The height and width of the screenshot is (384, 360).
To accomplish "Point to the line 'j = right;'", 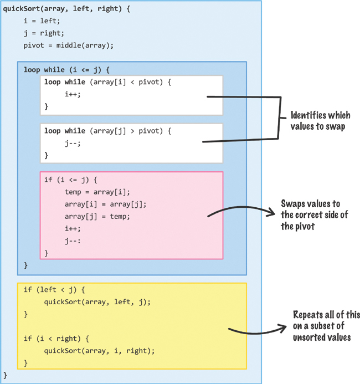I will click(43, 33).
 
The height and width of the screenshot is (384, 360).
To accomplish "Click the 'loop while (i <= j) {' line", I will click(67, 70).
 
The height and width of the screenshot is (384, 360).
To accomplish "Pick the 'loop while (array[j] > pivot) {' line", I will click(108, 131).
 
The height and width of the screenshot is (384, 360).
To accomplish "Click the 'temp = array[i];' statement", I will click(97, 192).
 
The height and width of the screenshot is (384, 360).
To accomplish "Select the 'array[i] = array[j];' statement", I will click(105, 204).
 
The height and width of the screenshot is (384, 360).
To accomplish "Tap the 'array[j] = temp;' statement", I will click(97, 216).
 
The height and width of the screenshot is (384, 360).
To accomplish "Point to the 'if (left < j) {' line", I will click(55, 290).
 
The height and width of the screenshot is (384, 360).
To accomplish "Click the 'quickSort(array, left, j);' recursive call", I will click(97, 301).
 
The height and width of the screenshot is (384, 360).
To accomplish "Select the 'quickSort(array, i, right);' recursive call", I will click(99, 350).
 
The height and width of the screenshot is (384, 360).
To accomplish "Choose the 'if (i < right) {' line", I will click(55, 338).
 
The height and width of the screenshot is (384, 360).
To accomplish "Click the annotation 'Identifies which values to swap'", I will click(320, 121).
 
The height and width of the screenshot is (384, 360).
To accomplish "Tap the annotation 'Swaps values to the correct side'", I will click(315, 214).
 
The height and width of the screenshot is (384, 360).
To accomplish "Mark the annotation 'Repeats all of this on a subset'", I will click(321, 325).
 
